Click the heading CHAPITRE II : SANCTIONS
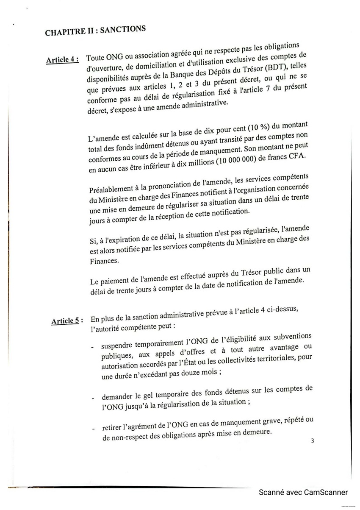point(95,31)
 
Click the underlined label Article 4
point(62,59)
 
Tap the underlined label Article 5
point(67,321)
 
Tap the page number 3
point(312,440)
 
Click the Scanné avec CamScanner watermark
point(303,492)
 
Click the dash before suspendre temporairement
point(92,347)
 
